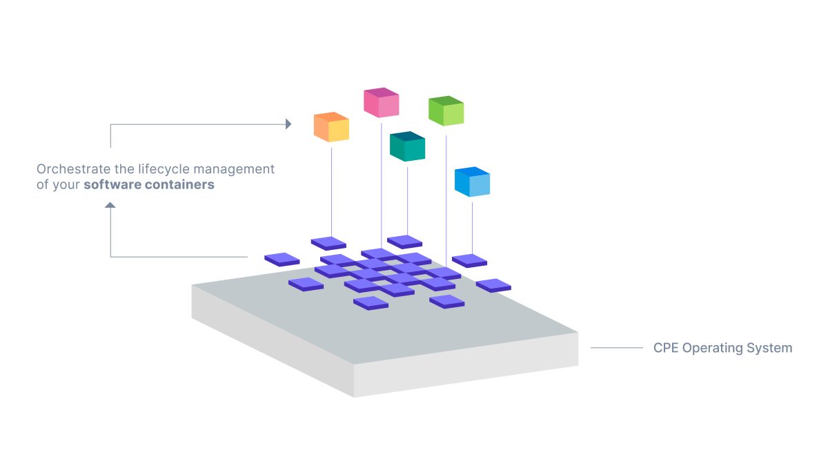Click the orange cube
(331, 127)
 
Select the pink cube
(382, 102)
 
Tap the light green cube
(446, 110)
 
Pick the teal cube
(407, 146)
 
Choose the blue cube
(472, 182)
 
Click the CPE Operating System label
(722, 348)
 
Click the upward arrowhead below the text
(110, 205)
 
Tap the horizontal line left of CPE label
(616, 348)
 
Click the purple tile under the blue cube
(469, 260)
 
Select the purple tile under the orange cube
(328, 242)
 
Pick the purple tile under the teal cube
(404, 241)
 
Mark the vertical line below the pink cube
(382, 179)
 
